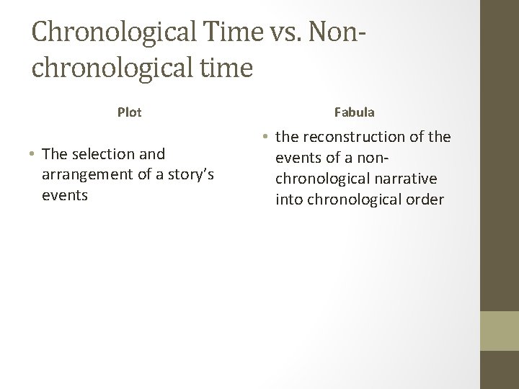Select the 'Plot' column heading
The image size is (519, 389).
(x=130, y=112)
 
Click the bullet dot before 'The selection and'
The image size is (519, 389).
(x=35, y=154)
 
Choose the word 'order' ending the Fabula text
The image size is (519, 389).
(x=426, y=199)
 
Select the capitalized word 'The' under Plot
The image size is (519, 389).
(x=55, y=153)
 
